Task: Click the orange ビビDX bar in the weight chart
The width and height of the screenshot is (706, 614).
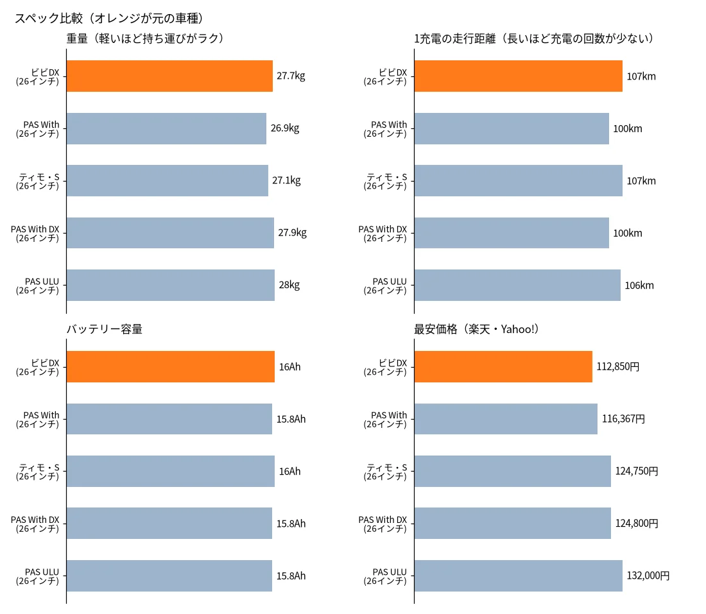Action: (x=169, y=76)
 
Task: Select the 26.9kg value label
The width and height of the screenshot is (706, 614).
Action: (x=285, y=128)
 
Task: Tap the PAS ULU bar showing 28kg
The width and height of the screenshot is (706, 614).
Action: (x=171, y=285)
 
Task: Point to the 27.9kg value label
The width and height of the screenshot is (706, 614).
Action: (x=292, y=233)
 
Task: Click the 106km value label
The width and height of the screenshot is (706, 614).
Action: (x=639, y=286)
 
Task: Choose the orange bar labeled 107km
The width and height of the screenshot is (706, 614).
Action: (x=518, y=76)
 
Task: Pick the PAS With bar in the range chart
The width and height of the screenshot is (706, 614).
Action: (x=512, y=128)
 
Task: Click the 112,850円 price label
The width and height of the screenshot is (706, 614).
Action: (x=617, y=367)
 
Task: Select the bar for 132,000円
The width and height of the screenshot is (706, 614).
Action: (x=518, y=576)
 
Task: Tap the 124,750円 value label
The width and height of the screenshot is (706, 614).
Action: (x=637, y=472)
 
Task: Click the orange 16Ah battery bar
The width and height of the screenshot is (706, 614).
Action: (x=171, y=367)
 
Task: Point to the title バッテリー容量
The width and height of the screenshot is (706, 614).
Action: (x=105, y=329)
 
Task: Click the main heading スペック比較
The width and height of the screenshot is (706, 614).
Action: (x=49, y=18)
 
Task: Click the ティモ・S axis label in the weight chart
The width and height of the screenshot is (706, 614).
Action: (x=38, y=181)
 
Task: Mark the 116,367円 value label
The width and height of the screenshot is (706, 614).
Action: (x=623, y=419)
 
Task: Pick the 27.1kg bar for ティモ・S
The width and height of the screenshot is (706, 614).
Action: (x=168, y=180)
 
